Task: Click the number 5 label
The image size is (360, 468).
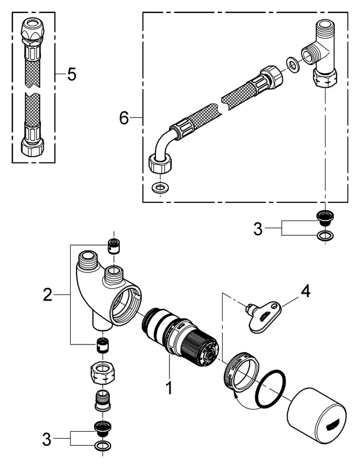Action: click(x=71, y=75)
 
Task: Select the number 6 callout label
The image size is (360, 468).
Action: click(x=124, y=118)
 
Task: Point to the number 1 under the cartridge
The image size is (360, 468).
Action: click(x=169, y=387)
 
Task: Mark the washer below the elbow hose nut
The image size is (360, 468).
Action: click(x=158, y=188)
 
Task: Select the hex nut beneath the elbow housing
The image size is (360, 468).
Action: click(x=103, y=370)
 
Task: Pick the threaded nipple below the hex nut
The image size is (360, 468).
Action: click(x=103, y=401)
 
